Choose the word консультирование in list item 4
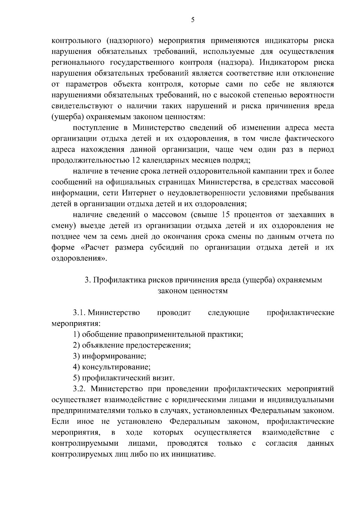pyautogui.click(x=116, y=367)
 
